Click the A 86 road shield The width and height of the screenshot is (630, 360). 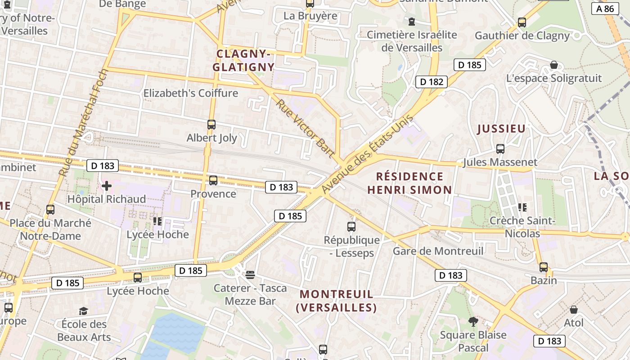605,9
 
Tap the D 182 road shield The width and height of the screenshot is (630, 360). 431,81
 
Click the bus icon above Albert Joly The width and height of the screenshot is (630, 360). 211,125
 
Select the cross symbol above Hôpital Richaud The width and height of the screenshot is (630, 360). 107,185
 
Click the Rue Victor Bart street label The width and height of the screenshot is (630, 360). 306,129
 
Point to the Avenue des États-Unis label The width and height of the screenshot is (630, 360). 367,154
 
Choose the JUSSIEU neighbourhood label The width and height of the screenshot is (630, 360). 501,129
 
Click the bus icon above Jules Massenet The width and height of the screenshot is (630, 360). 500,148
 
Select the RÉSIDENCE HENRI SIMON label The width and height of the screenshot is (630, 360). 409,183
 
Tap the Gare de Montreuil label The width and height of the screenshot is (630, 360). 438,251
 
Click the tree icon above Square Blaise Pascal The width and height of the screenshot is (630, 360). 472,321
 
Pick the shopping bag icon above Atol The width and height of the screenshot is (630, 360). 573,310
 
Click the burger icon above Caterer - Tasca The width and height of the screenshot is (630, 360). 250,274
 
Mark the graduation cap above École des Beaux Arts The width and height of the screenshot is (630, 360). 83,311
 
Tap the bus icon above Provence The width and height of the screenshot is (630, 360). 213,180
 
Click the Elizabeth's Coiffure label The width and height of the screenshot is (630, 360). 190,93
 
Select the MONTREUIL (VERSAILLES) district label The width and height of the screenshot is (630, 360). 336,301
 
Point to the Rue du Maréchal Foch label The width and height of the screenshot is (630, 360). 84,122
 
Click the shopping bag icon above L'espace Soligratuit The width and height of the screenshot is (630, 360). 553,65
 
